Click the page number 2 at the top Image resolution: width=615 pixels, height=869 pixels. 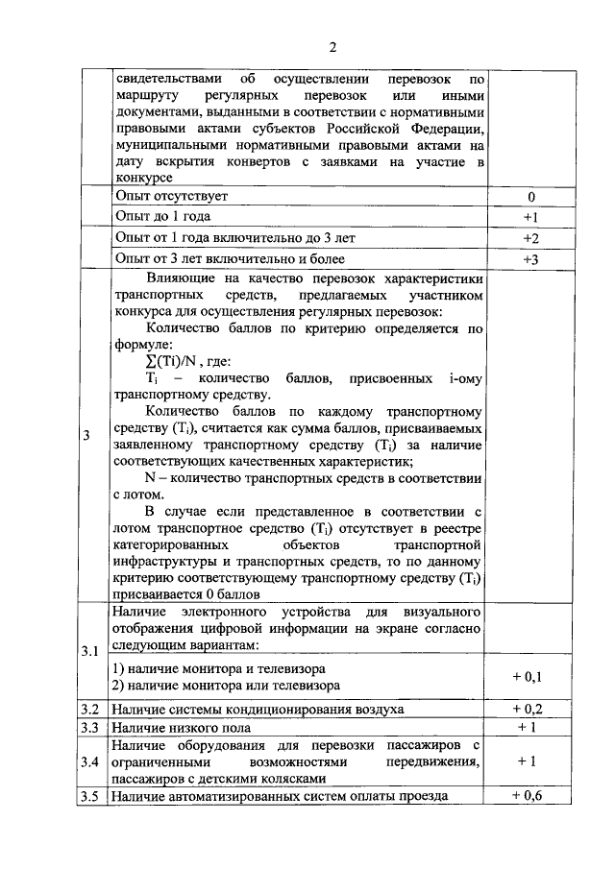[332, 48]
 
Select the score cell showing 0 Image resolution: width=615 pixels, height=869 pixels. [530, 197]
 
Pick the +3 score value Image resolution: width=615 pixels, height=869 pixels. [530, 258]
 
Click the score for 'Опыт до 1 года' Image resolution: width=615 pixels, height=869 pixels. [530, 217]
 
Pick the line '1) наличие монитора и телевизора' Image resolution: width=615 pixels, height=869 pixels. [218, 667]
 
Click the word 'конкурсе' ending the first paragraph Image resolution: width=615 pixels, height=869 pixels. [143, 179]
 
